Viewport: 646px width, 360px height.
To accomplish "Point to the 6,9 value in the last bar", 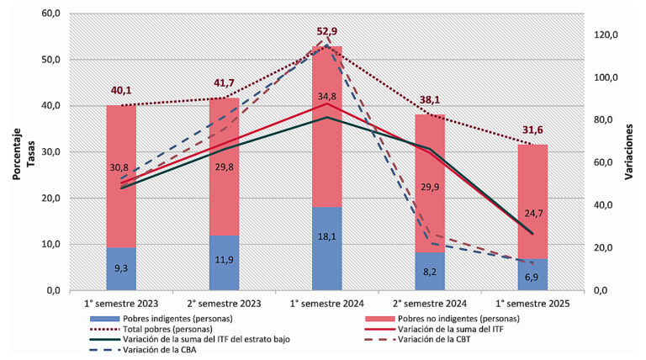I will [x=532, y=277].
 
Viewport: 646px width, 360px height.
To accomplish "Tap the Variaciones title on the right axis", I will [x=630, y=153].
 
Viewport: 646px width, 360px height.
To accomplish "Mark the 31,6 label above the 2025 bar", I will [x=532, y=130].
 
